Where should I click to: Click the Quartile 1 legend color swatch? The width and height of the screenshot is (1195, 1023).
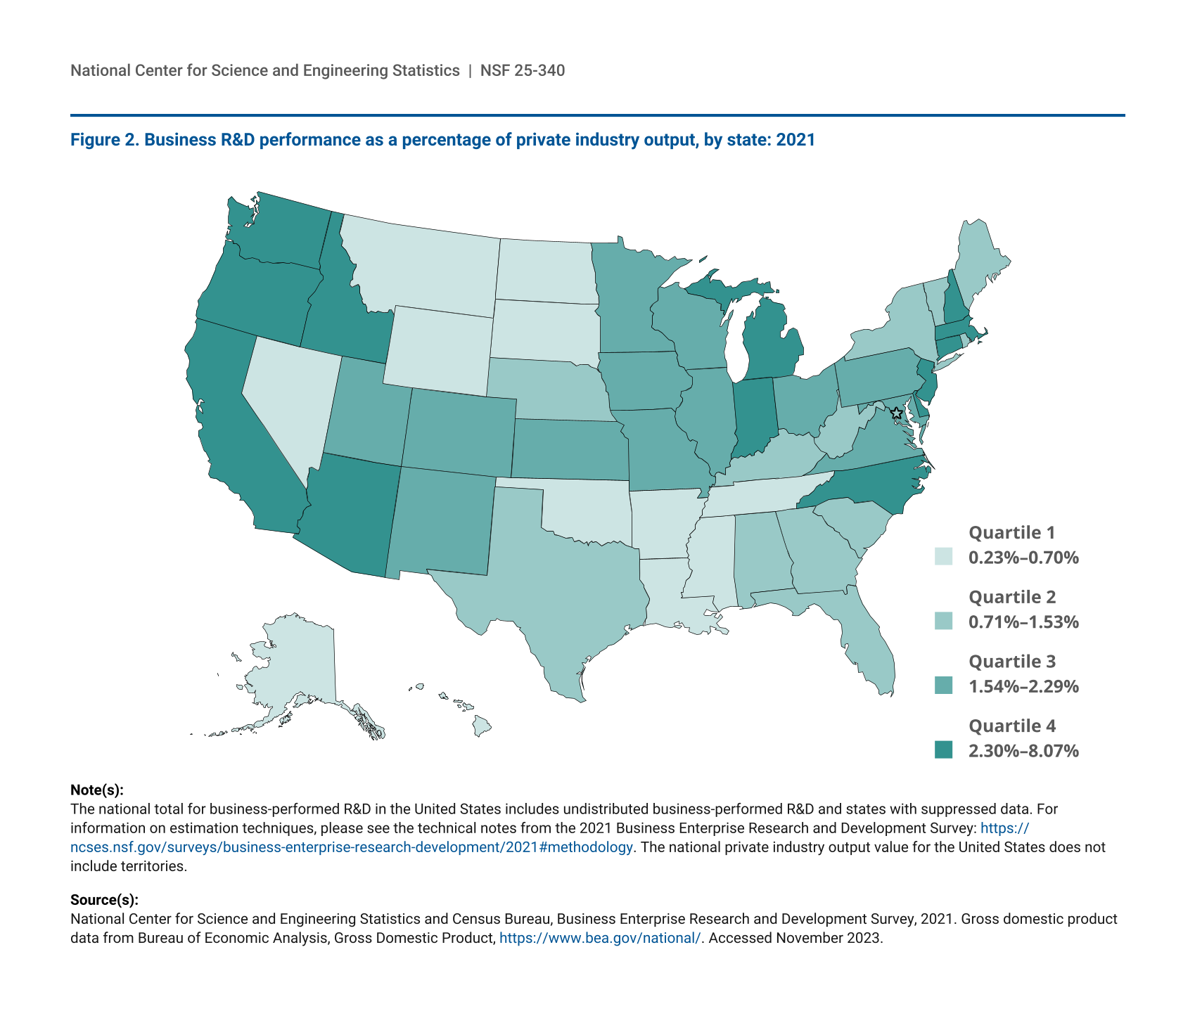pos(943,557)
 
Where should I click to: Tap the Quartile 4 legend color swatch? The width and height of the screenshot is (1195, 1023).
pos(943,750)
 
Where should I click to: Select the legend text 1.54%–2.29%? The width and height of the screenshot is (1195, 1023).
pos(1023,686)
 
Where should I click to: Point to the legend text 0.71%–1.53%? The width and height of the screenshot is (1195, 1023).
pos(1023,622)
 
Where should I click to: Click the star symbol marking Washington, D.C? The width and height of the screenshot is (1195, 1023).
pos(896,413)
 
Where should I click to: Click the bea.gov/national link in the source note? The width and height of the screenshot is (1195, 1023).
pos(599,938)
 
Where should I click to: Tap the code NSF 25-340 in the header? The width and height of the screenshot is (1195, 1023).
pos(523,70)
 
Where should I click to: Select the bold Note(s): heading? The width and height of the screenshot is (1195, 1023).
pos(97,790)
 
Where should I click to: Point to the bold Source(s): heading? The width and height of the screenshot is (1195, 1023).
pos(104,900)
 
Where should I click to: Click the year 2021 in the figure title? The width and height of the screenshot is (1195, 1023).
pos(795,140)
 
